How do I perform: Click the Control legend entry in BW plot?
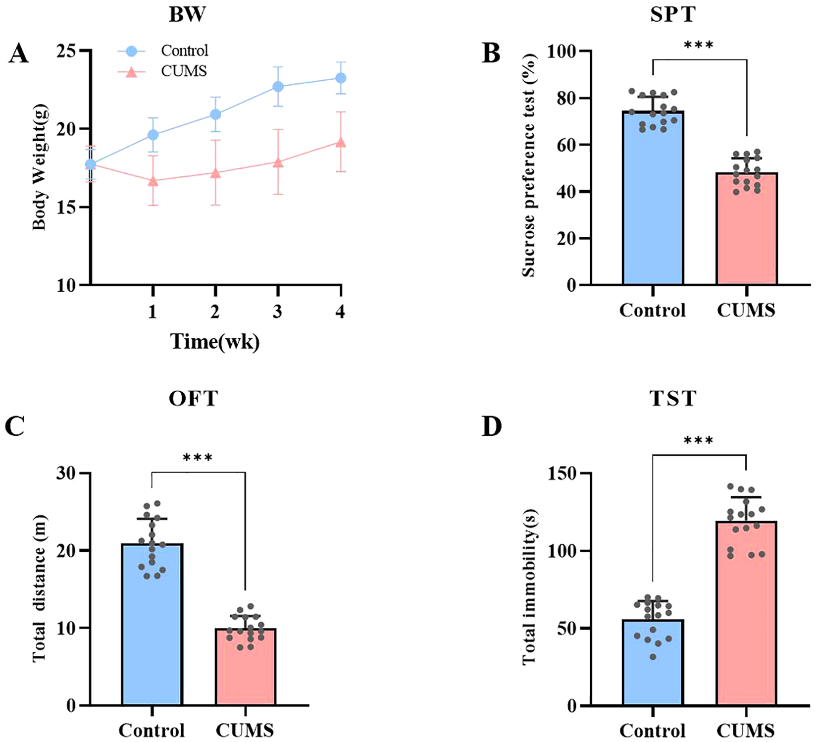pyautogui.click(x=184, y=51)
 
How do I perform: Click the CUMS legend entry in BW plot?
pyautogui.click(x=183, y=71)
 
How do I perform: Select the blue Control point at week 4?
pyautogui.click(x=341, y=78)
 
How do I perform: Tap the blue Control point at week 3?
pyautogui.click(x=278, y=87)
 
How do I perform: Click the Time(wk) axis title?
pyautogui.click(x=214, y=342)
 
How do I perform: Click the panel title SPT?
pyautogui.click(x=672, y=14)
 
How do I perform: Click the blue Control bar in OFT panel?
pyautogui.click(x=152, y=624)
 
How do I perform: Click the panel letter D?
pyautogui.click(x=492, y=427)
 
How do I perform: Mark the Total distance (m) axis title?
pyautogui.click(x=39, y=588)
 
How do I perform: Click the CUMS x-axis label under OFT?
pyautogui.click(x=245, y=730)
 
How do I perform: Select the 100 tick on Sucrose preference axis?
pyautogui.click(x=563, y=51)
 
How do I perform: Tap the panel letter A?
pyautogui.click(x=18, y=54)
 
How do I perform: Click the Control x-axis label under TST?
pyautogui.click(x=653, y=730)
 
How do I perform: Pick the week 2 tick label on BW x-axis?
pyautogui.click(x=214, y=312)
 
